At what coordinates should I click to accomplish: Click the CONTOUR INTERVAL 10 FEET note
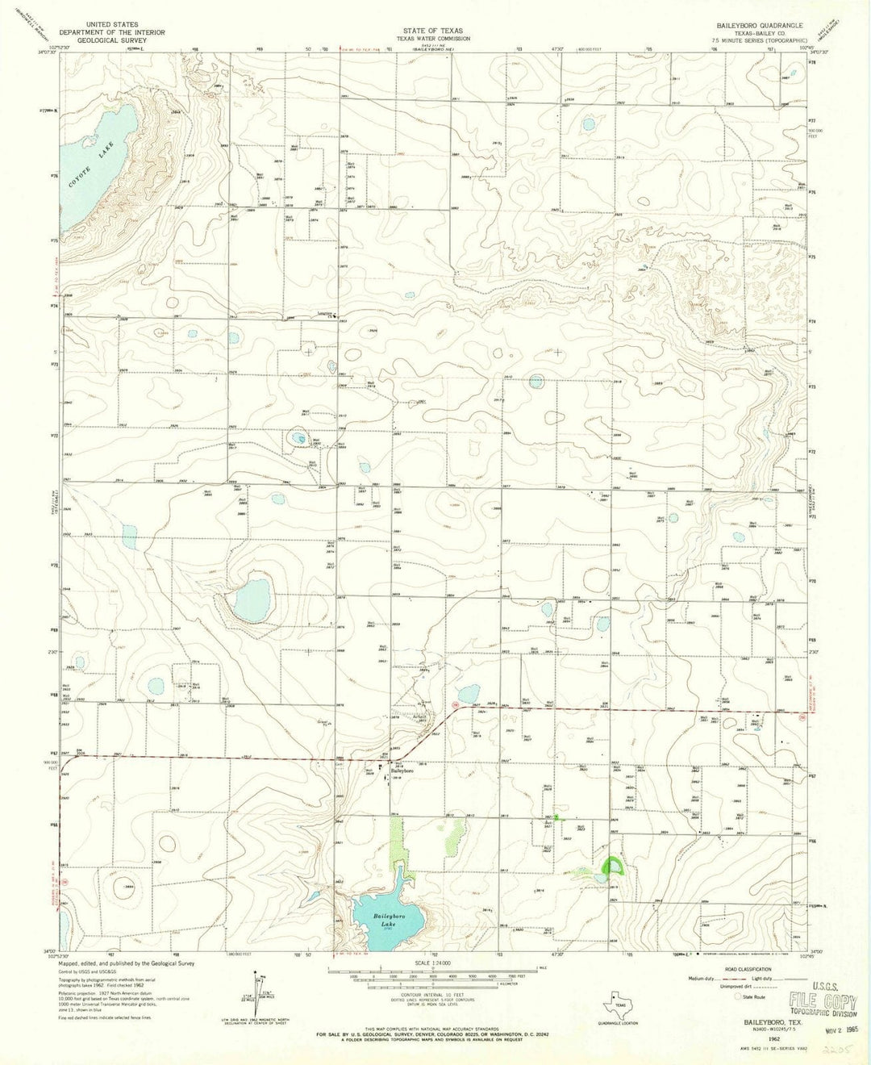pyautogui.click(x=434, y=994)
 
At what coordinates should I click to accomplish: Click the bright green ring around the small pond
pyautogui.click(x=615, y=867)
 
